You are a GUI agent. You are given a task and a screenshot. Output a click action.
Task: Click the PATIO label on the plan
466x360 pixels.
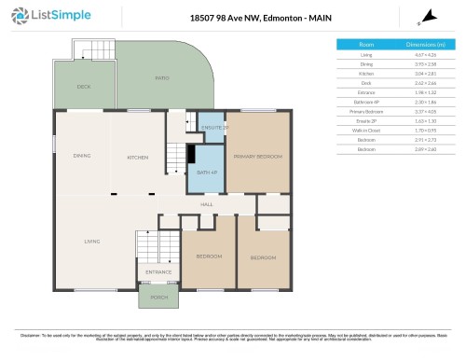(162, 78)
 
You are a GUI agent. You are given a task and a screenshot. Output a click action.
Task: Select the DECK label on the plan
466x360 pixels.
(84, 87)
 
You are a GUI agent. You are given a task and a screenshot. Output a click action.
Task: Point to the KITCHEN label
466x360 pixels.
(138, 157)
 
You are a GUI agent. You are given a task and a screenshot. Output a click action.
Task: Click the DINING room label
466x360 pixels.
(82, 156)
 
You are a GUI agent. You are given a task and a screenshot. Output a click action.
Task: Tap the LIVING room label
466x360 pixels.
(91, 242)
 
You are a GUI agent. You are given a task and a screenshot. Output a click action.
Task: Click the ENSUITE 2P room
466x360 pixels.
(212, 127)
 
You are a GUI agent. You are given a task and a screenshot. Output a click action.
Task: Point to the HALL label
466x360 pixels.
(207, 204)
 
